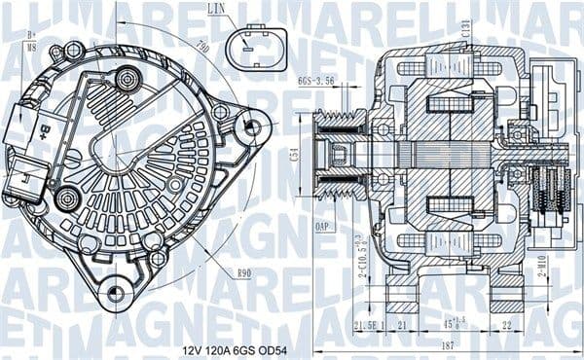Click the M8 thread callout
click(32, 44)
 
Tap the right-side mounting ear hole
click(253, 126)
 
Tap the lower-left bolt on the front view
click(66, 199)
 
